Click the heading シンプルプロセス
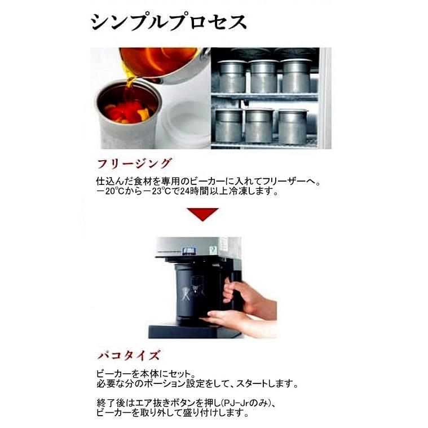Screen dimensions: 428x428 (168, 22)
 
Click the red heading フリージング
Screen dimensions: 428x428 (134, 164)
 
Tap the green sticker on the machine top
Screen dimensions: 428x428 (213, 249)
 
